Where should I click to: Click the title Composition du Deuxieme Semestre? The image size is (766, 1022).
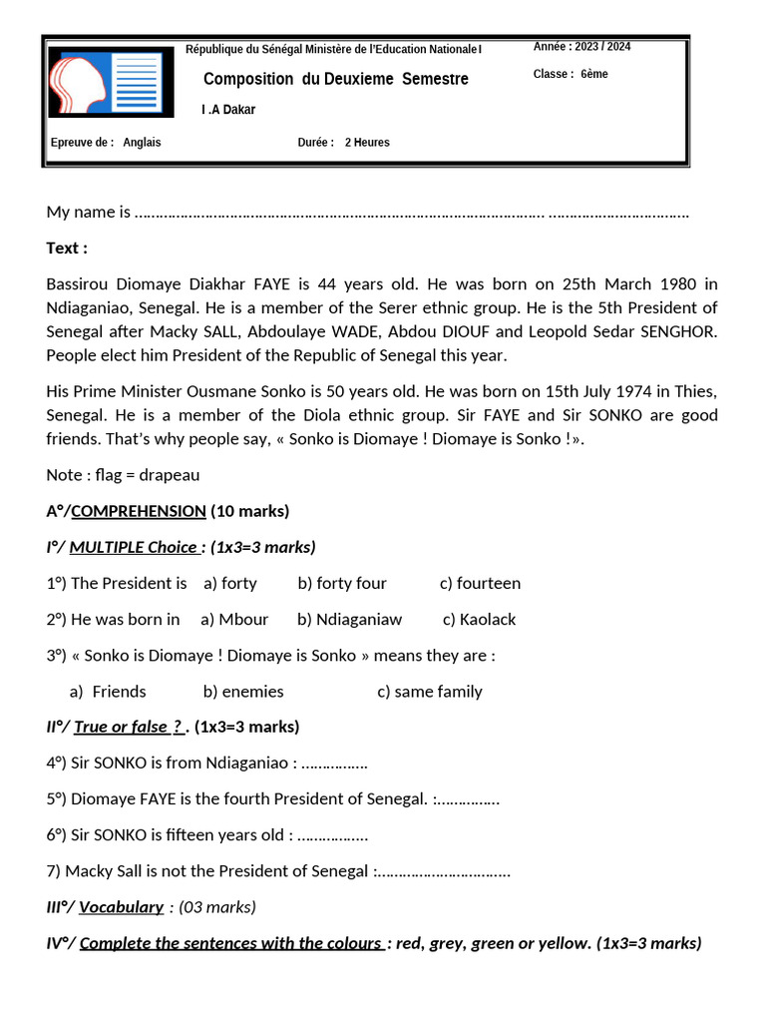click(x=335, y=79)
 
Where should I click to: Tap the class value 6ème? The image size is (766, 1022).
click(x=594, y=74)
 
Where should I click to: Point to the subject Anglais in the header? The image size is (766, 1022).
click(x=142, y=143)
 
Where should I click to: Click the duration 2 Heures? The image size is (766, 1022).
click(x=367, y=143)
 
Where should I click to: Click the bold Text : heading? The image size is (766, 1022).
click(x=67, y=248)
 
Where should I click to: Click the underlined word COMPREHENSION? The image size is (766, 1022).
click(x=139, y=511)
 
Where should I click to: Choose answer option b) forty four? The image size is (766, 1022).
click(x=342, y=583)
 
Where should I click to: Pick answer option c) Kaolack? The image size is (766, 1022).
click(x=479, y=619)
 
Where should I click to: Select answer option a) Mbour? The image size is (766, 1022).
click(x=234, y=619)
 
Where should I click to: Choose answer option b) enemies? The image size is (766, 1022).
click(x=243, y=691)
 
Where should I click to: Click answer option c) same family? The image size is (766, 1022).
click(x=429, y=691)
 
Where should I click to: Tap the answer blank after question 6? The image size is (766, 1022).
click(x=333, y=835)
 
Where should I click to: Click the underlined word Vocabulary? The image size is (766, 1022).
click(x=121, y=907)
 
